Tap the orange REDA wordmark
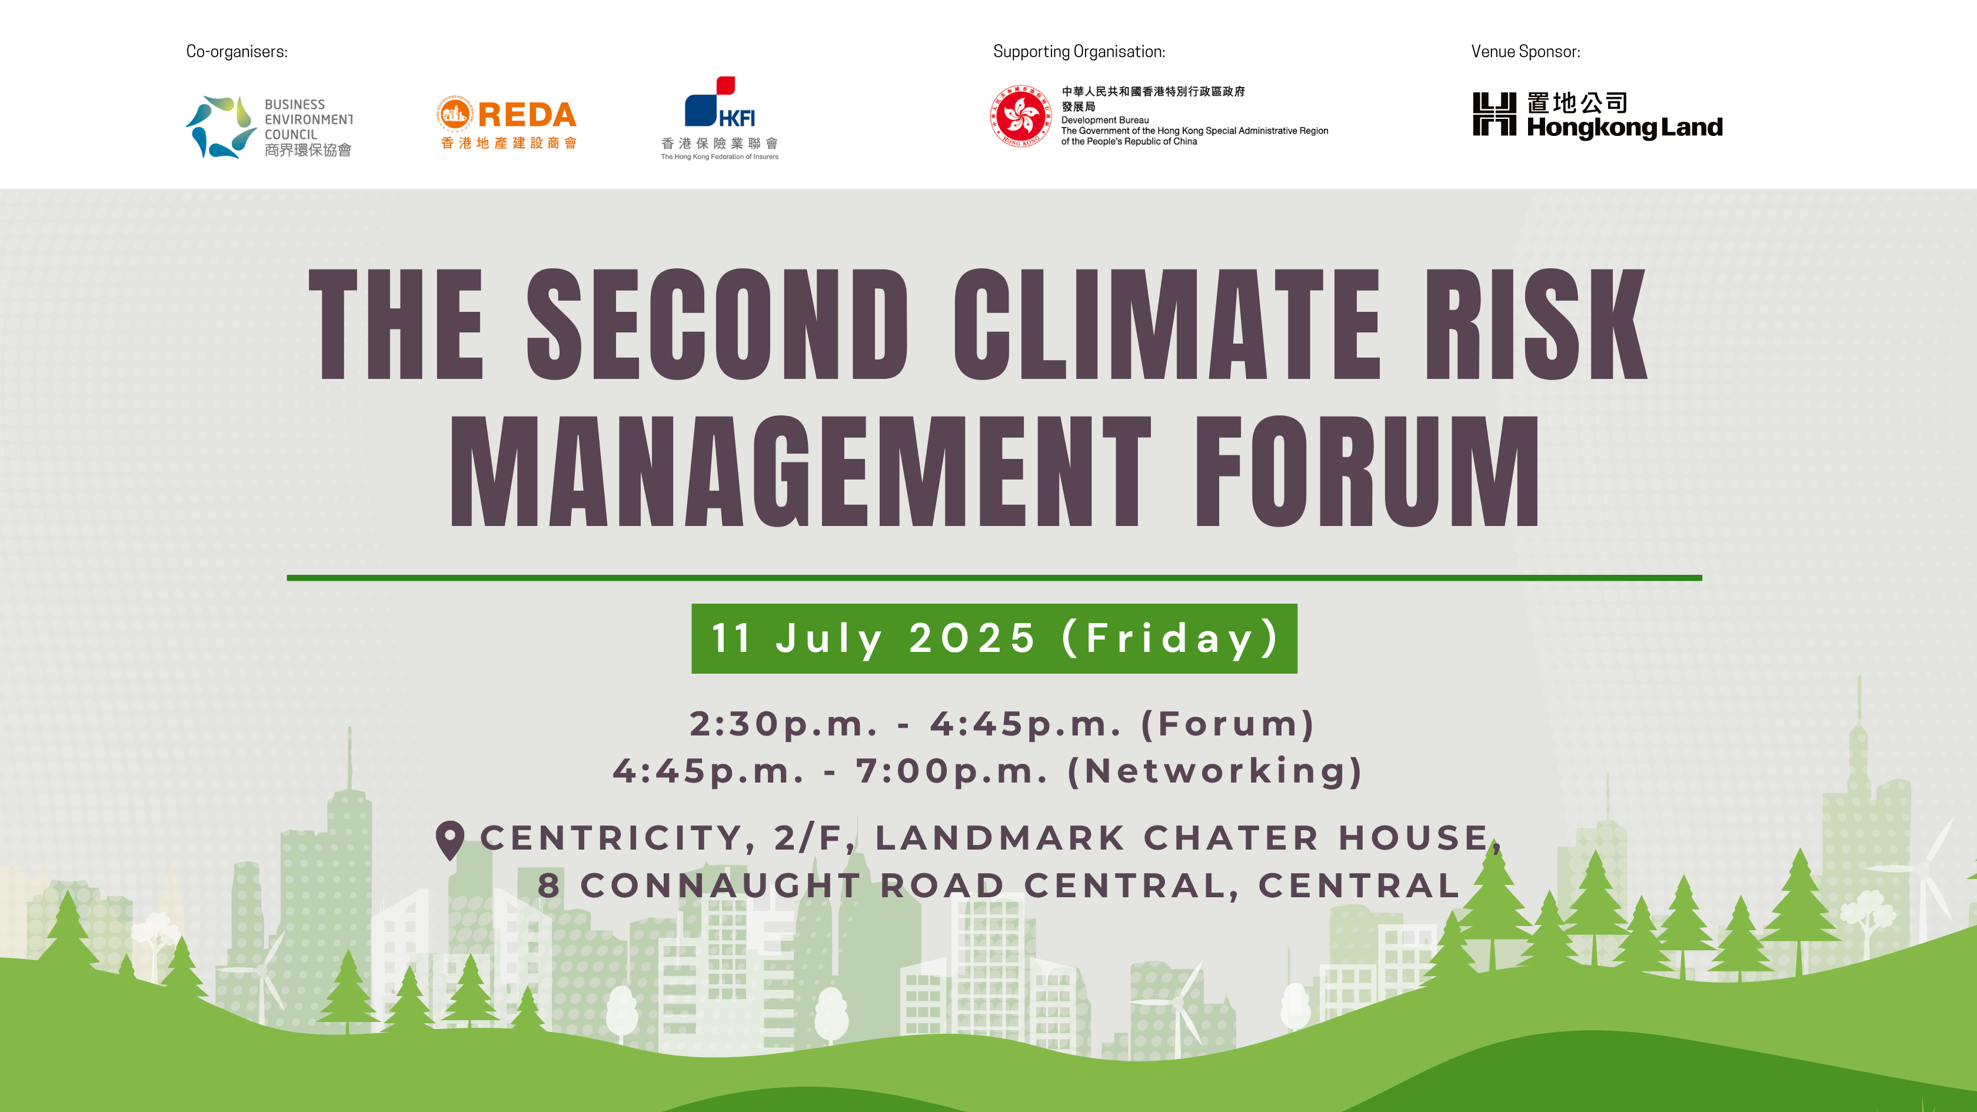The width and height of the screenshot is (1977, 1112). (x=527, y=115)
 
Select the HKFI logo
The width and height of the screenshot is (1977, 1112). (x=720, y=118)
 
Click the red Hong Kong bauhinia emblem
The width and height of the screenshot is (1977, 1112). (x=1020, y=116)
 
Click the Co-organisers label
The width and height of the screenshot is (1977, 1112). (x=237, y=51)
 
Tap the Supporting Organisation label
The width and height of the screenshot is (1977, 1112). (x=1079, y=51)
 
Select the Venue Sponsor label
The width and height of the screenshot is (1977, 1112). (x=1525, y=51)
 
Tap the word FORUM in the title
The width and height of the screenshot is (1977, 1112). (x=1367, y=471)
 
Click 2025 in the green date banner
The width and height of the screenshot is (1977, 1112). (x=973, y=638)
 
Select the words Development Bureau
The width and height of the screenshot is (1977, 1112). (x=1104, y=121)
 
